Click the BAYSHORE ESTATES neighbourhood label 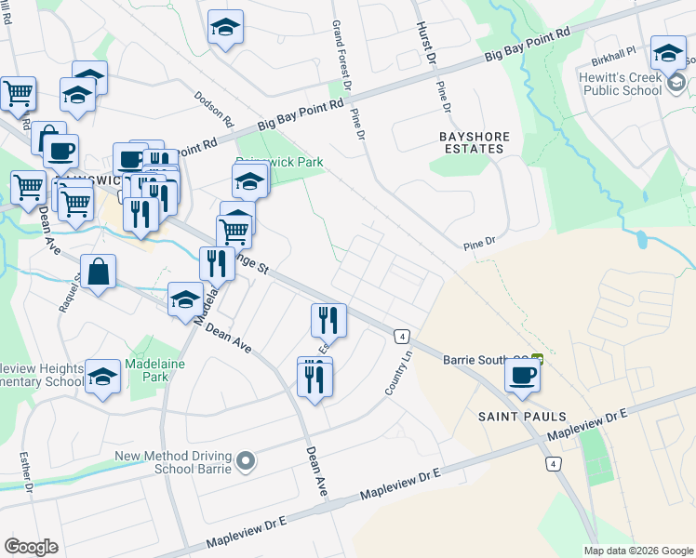click(475, 142)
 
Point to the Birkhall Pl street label click(611, 54)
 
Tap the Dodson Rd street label click(214, 109)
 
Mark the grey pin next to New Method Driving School click(245, 460)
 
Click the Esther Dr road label click(26, 470)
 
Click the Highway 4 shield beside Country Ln click(402, 336)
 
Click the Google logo click(32, 546)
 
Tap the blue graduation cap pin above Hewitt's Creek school click(668, 52)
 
